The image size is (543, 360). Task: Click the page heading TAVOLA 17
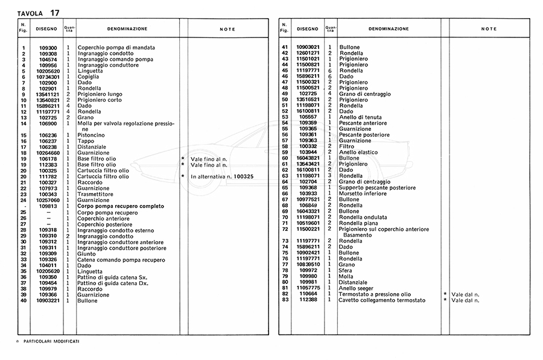click(x=39, y=12)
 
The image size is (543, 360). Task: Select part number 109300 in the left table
click(x=48, y=48)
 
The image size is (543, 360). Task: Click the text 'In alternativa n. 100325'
click(x=221, y=176)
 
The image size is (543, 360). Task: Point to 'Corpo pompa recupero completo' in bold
click(x=121, y=206)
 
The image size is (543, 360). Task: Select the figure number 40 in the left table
click(x=24, y=300)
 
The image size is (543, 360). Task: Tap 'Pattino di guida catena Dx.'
click(x=113, y=283)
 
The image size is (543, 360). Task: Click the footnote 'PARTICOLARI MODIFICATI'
click(x=51, y=341)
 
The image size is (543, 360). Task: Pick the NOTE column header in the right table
click(x=489, y=29)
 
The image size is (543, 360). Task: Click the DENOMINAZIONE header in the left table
click(x=127, y=29)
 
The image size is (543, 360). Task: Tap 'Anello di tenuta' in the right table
click(x=361, y=118)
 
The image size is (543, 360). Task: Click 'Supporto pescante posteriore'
click(x=378, y=188)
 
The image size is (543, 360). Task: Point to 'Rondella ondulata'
click(x=363, y=217)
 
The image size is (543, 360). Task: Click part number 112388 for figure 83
click(x=308, y=300)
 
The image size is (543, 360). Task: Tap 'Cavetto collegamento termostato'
click(x=383, y=300)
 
